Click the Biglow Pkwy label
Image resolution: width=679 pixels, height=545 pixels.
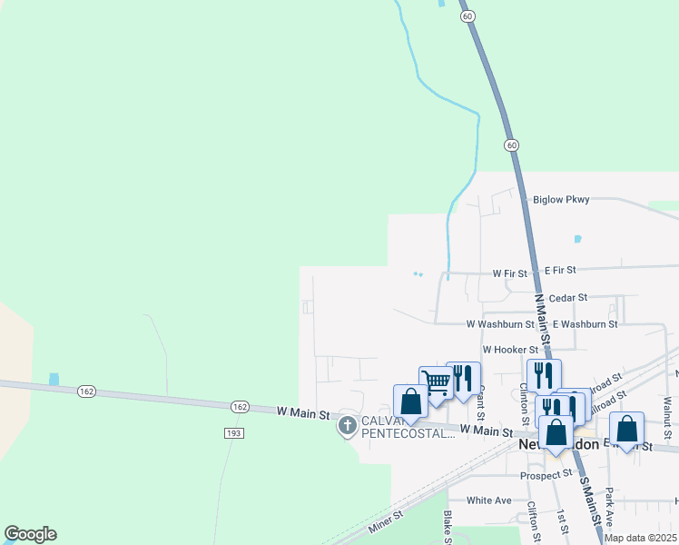click(561, 199)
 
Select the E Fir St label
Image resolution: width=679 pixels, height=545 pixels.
click(560, 271)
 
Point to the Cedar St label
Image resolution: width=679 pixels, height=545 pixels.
click(569, 297)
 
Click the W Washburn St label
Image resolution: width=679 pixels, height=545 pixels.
click(500, 323)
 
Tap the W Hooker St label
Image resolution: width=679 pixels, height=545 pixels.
click(510, 349)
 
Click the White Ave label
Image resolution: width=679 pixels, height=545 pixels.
click(489, 500)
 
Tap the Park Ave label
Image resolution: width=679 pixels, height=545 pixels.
click(610, 504)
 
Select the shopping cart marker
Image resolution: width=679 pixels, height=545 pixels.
click(436, 381)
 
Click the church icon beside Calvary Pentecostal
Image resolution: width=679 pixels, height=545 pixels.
click(347, 425)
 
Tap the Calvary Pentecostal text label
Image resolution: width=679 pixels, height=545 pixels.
click(408, 427)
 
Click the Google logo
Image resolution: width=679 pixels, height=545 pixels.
click(30, 534)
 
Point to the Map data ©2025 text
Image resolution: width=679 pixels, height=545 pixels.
click(640, 538)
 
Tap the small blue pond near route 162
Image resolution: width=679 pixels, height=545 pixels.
click(54, 379)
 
